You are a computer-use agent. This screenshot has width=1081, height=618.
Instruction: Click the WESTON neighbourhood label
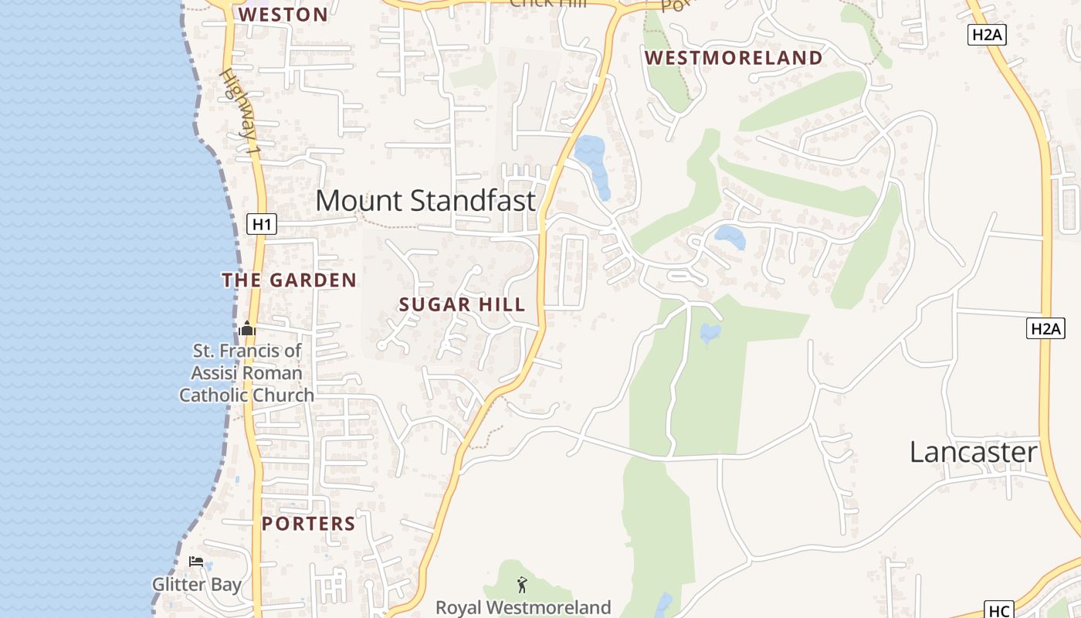pyautogui.click(x=283, y=15)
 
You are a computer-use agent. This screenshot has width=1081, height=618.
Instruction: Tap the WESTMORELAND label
pyautogui.click(x=734, y=58)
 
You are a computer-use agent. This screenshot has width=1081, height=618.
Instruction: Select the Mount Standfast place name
pyautogui.click(x=425, y=201)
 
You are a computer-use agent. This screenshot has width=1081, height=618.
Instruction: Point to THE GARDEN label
pyautogui.click(x=290, y=280)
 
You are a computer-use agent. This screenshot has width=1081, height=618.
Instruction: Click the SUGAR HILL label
pyautogui.click(x=462, y=304)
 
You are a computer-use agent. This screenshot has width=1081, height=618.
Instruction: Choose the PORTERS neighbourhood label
pyautogui.click(x=309, y=524)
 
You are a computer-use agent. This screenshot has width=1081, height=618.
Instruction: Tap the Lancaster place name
pyautogui.click(x=973, y=452)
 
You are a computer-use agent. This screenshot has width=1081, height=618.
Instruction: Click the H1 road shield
pyautogui.click(x=262, y=225)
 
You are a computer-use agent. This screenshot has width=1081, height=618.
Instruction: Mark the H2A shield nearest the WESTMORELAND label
pyautogui.click(x=988, y=34)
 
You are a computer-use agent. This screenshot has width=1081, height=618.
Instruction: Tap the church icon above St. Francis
pyautogui.click(x=247, y=329)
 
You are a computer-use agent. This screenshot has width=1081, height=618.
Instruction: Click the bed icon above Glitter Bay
pyautogui.click(x=196, y=562)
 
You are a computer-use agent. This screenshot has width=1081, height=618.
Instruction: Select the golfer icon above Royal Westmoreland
pyautogui.click(x=523, y=585)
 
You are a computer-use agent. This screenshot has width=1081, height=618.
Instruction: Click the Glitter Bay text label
pyautogui.click(x=197, y=585)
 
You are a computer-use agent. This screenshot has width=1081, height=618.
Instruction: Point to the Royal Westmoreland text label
pyautogui.click(x=523, y=607)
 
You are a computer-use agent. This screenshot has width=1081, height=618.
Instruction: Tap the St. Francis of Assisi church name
pyautogui.click(x=247, y=373)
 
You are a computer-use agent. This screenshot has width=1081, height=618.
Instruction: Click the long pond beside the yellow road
pyautogui.click(x=593, y=164)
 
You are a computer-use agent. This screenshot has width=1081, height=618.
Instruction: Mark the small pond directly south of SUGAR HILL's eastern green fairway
pyautogui.click(x=710, y=333)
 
